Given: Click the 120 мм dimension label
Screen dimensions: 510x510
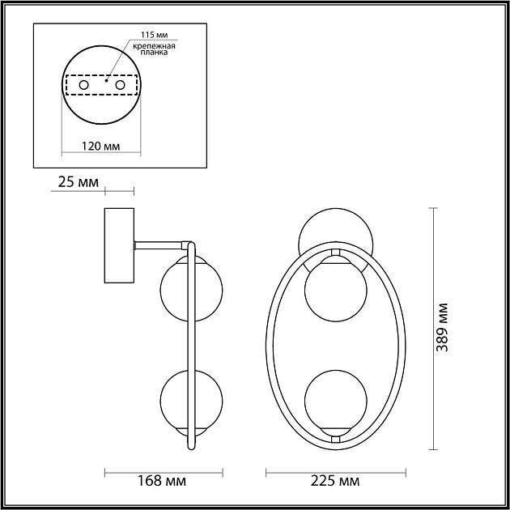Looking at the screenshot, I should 101,147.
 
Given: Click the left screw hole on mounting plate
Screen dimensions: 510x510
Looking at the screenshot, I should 83,84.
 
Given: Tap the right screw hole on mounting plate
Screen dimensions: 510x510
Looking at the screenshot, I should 121,84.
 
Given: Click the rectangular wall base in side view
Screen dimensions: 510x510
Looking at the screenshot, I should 119,245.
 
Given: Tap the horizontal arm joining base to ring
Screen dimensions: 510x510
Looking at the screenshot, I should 162,243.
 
